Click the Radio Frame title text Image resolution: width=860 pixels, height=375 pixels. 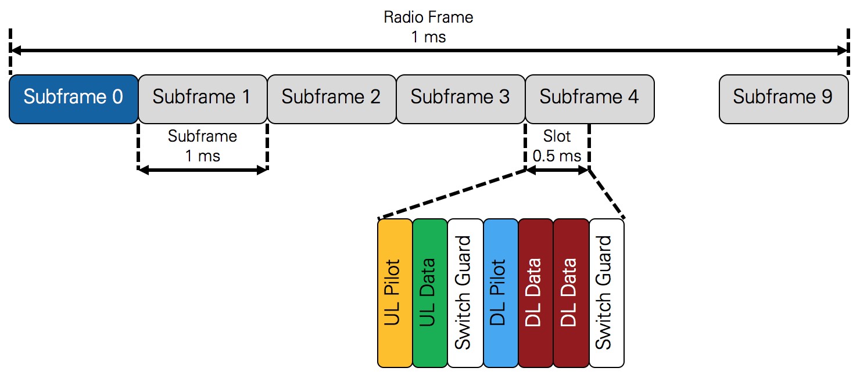coord(428,17)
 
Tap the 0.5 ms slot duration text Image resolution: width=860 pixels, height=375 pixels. coord(557,156)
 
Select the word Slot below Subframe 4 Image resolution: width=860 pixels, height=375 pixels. coord(557,137)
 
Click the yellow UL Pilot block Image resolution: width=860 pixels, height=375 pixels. coord(395,293)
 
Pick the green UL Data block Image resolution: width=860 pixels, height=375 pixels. coord(429,293)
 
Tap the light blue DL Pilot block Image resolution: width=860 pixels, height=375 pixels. coord(500,293)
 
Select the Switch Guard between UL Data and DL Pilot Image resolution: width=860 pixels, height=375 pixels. coord(465,293)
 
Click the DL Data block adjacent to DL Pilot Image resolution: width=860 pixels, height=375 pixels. coord(535,293)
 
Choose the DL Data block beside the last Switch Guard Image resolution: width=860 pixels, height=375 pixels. coord(571,293)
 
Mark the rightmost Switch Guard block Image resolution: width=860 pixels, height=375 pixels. coord(606,293)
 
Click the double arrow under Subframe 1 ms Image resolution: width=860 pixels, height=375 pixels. coord(202,170)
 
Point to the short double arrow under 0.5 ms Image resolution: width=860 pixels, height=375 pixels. coord(557,170)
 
